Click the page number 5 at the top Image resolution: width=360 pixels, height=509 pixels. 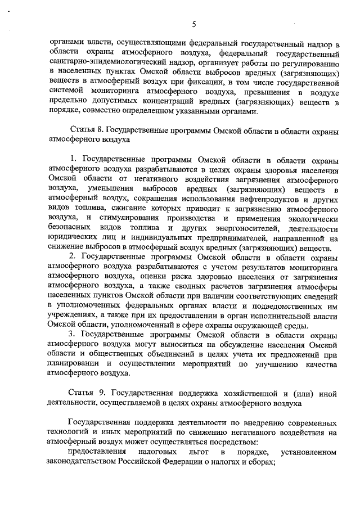click(193, 24)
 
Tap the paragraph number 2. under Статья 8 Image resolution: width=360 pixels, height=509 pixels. click(72, 256)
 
